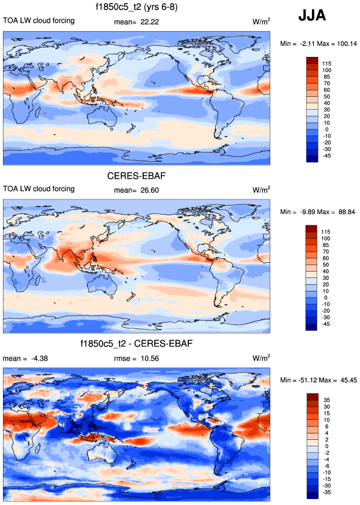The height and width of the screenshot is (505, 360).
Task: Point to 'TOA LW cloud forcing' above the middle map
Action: coord(39,189)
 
